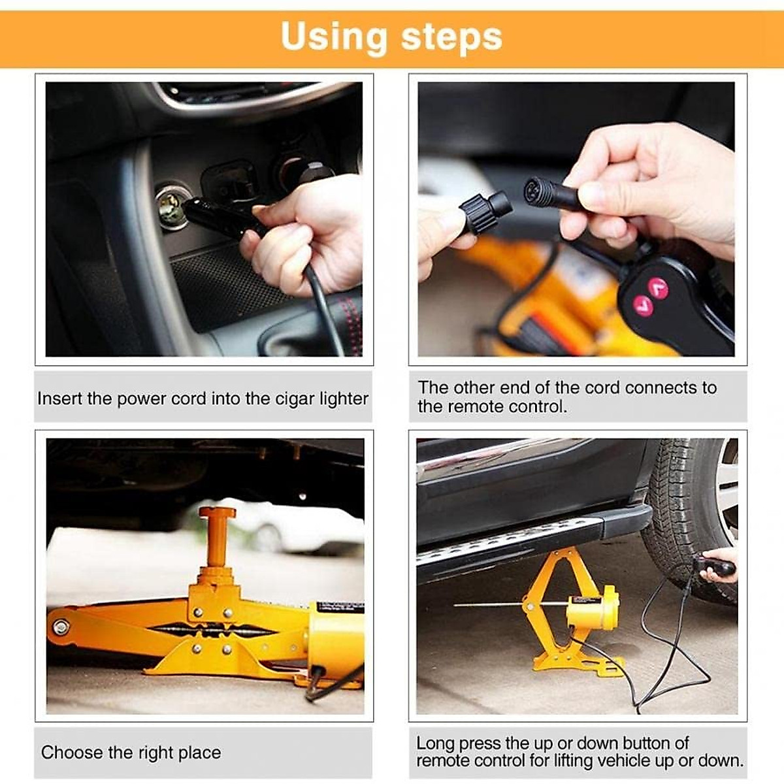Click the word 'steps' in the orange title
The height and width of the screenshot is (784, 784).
click(x=451, y=37)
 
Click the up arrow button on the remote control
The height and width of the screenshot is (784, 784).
click(x=655, y=285)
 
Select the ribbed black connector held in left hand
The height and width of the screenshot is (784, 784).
click(x=484, y=210)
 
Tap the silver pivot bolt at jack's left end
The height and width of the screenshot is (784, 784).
click(x=61, y=627)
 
